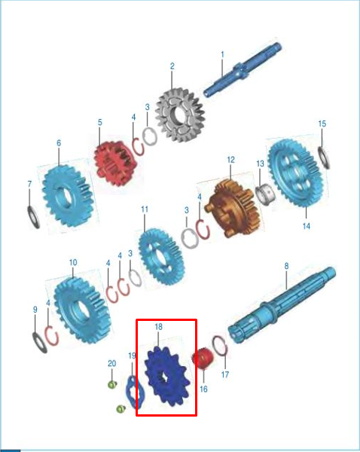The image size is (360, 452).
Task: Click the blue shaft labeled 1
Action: pos(242,70)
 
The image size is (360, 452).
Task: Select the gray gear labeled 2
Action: pos(180,115)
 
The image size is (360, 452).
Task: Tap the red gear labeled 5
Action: pos(115,163)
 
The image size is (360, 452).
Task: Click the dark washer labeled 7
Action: pos(33,217)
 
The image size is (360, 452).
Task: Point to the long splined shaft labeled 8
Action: pos(282,305)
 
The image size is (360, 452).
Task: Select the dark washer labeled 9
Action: pos(39,343)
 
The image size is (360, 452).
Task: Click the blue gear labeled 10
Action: pos(82,310)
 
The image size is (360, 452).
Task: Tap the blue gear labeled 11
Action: pos(161,257)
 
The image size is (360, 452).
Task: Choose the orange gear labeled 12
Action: pos(233,207)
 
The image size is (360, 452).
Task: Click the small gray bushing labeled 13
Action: pos(265,194)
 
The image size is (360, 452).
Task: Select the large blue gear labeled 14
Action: pos(296,173)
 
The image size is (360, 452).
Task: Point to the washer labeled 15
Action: pos(324,157)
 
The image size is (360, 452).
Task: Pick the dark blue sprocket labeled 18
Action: pos(167,376)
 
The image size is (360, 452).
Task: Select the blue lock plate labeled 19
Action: pos(135,392)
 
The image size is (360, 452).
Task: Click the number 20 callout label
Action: pos(111,363)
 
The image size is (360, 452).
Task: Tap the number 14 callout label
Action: pos(307,226)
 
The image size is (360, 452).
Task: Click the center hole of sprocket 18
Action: pos(163,377)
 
